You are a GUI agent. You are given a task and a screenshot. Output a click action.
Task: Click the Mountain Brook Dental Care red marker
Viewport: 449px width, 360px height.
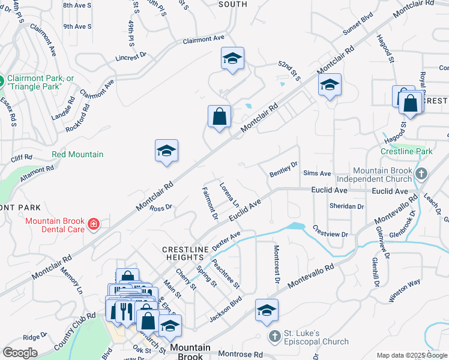pyautogui.click(x=93, y=225)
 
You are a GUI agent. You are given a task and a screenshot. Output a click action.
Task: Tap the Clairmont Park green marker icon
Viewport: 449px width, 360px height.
pyautogui.click(x=1, y=80)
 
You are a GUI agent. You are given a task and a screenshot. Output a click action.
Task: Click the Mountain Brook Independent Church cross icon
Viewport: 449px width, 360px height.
pyautogui.click(x=422, y=174)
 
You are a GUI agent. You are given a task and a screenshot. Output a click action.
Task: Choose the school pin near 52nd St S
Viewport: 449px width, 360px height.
pyautogui.click(x=232, y=59)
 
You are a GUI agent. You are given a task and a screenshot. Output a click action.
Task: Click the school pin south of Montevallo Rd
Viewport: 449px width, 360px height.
pyautogui.click(x=267, y=310)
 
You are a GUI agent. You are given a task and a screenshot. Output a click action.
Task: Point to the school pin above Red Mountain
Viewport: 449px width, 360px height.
pyautogui.click(x=166, y=151)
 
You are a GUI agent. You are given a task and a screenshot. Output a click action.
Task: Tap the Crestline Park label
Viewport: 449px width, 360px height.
pyautogui.click(x=406, y=152)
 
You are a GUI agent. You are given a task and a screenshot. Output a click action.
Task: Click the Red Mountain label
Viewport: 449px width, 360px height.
pyautogui.click(x=77, y=154)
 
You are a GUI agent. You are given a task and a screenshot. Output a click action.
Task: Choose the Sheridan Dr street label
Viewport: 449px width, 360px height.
pyautogui.click(x=347, y=206)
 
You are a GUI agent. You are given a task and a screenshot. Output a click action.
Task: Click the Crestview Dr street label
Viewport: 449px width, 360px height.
pyautogui.click(x=330, y=231)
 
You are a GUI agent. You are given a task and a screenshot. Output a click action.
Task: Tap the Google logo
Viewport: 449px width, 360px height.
pyautogui.click(x=20, y=353)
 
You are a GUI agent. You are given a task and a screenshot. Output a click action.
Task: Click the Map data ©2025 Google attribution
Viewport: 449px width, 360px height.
pyautogui.click(x=411, y=355)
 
